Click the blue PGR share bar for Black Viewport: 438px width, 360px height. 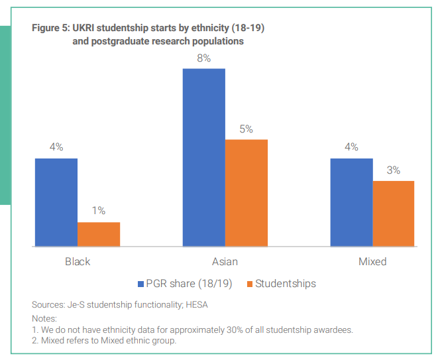pyautogui.click(x=56, y=202)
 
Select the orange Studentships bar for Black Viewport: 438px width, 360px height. pyautogui.click(x=99, y=234)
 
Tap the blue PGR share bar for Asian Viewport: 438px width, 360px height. pyautogui.click(x=203, y=157)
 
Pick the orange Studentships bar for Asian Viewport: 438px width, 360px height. pyautogui.click(x=246, y=193)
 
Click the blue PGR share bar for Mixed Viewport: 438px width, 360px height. pyautogui.click(x=351, y=202)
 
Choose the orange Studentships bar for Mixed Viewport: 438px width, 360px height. pyautogui.click(x=393, y=213)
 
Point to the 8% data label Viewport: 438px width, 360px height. pyautogui.click(x=203, y=58)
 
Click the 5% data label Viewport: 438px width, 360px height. pyautogui.click(x=246, y=129)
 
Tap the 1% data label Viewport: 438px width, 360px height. pyautogui.click(x=99, y=211)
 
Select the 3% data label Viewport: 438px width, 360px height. pyautogui.click(x=393, y=170)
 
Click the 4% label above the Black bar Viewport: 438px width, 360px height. pyautogui.click(x=56, y=147)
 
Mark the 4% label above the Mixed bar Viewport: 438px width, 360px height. pyautogui.click(x=351, y=147)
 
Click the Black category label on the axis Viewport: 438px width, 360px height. pyautogui.click(x=78, y=261)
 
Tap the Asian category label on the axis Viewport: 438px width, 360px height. pyautogui.click(x=225, y=261)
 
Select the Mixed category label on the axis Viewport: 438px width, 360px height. pyautogui.click(x=372, y=261)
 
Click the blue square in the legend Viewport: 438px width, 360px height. pyautogui.click(x=141, y=284)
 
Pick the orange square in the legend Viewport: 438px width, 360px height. pyautogui.click(x=249, y=284)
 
